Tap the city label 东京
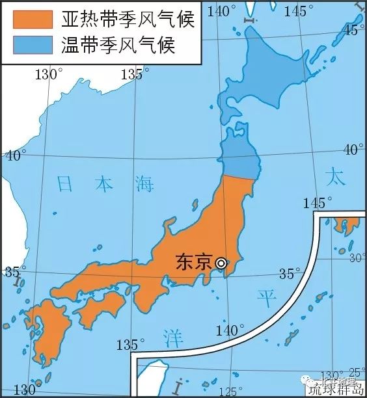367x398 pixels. coord(194,261)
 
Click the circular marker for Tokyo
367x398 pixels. coord(222,263)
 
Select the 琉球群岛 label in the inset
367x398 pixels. coord(336,389)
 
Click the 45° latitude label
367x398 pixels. coord(353,29)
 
